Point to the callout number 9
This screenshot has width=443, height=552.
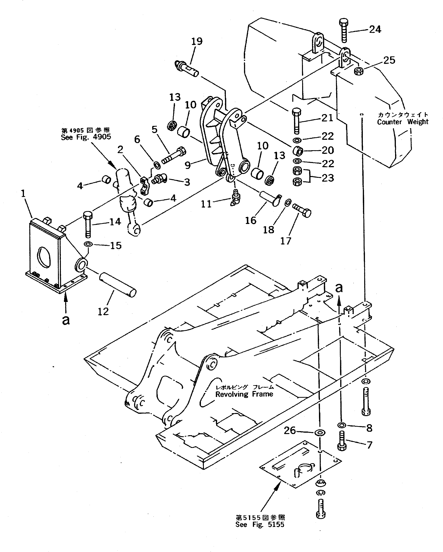188,165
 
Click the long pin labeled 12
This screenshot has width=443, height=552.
118,285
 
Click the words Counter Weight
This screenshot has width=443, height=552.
402,122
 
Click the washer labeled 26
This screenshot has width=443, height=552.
320,433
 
